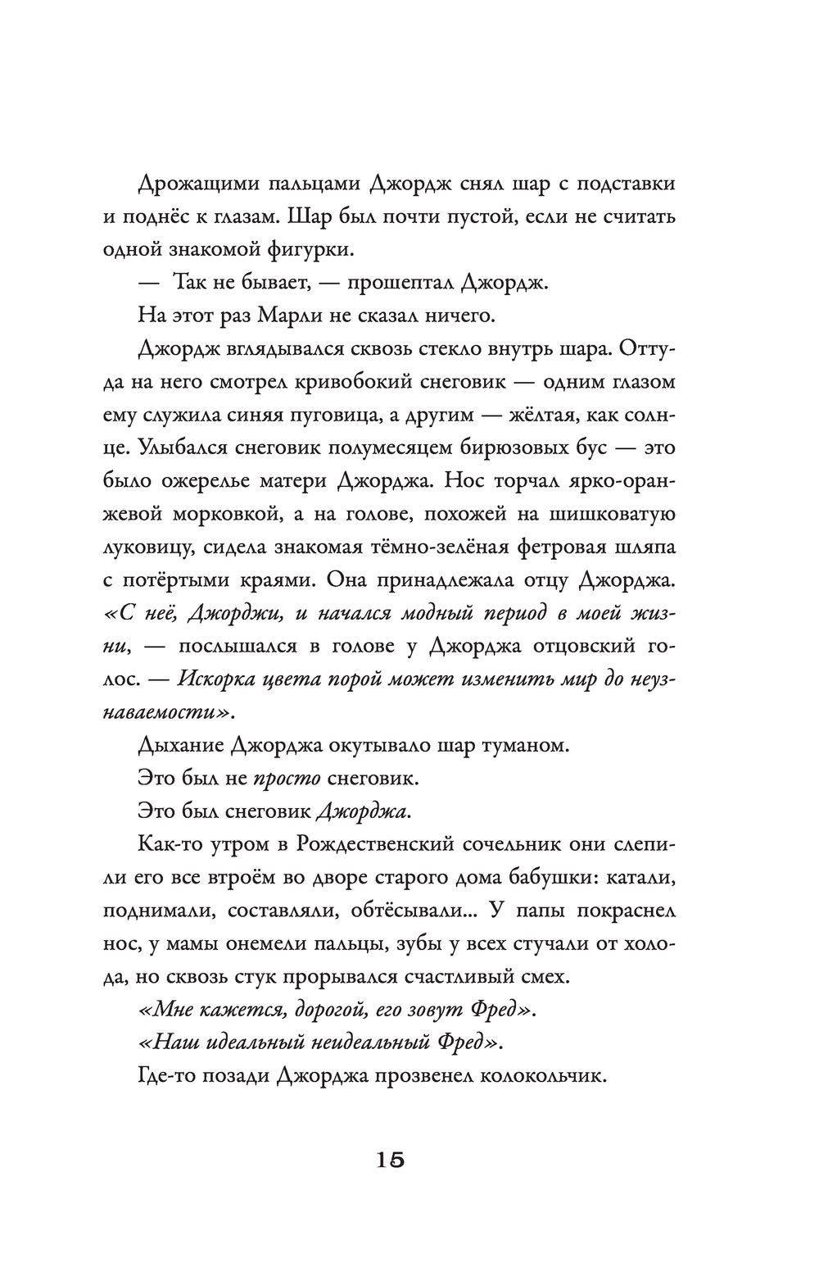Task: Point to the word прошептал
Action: tap(399, 283)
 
